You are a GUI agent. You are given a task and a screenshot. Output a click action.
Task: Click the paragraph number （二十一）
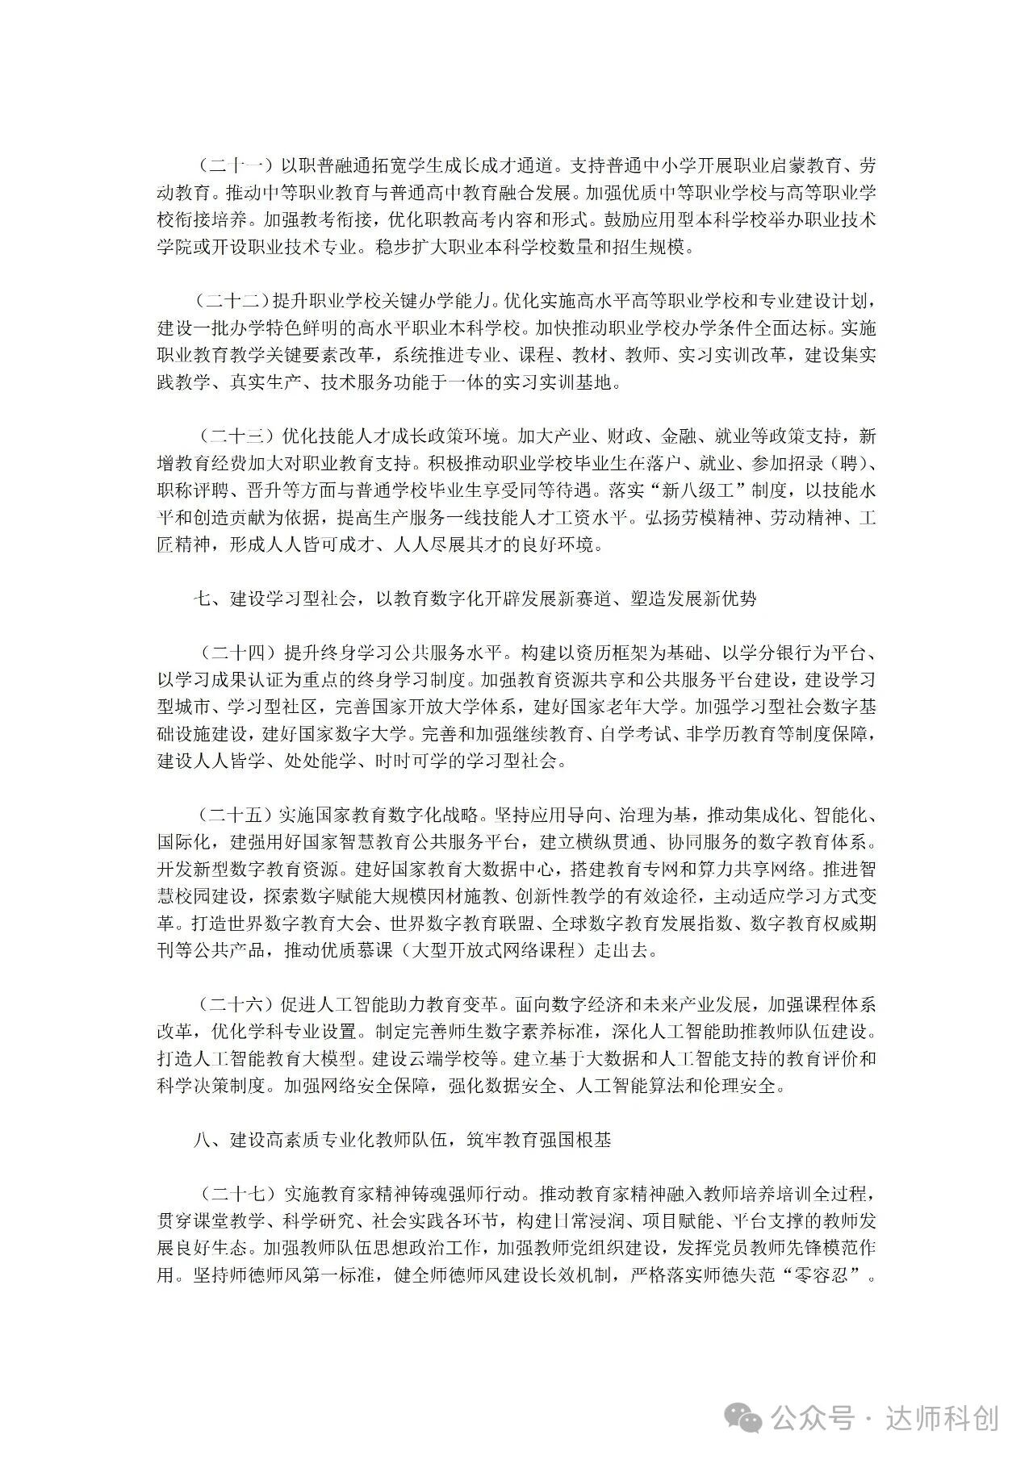tap(234, 167)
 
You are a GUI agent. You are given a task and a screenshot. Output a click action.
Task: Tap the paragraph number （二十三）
tap(234, 437)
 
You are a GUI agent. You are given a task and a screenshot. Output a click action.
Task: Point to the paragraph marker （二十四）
tap(234, 653)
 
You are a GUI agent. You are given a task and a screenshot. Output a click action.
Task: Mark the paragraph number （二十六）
tap(234, 1005)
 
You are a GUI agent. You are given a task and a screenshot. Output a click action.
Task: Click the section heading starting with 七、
tap(475, 599)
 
